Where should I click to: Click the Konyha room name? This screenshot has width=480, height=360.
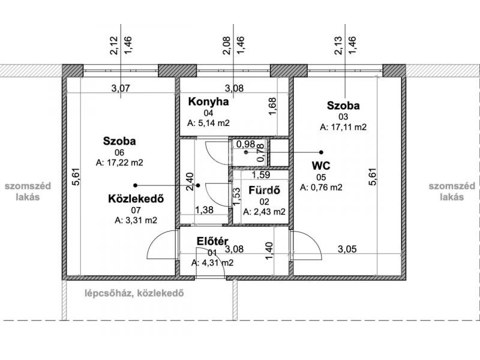click(208, 101)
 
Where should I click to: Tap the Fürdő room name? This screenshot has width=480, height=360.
click(264, 190)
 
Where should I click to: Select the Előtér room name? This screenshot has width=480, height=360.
click(212, 241)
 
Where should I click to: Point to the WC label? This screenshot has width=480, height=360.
click(321, 166)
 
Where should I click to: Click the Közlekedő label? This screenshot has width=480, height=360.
click(136, 199)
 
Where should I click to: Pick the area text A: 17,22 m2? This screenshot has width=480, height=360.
click(119, 163)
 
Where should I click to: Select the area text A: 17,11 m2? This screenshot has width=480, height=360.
click(343, 127)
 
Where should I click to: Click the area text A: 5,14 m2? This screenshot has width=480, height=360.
click(208, 123)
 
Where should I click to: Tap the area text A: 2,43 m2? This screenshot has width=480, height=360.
click(264, 212)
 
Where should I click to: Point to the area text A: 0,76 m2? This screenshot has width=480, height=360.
click(321, 187)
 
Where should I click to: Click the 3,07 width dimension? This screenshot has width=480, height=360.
click(121, 88)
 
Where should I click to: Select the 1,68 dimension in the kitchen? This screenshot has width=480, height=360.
click(272, 107)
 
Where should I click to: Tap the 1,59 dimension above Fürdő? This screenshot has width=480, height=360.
click(261, 175)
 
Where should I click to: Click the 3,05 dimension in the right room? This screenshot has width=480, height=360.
click(347, 249)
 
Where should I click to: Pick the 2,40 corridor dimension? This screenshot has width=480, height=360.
click(190, 182)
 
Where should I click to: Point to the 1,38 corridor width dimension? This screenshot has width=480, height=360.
click(204, 210)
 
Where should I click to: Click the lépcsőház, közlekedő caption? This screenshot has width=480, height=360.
click(134, 293)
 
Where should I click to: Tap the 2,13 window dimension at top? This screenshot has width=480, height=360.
click(338, 46)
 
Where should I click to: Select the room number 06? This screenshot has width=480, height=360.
click(119, 152)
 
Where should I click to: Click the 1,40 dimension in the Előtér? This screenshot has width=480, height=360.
click(269, 251)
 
